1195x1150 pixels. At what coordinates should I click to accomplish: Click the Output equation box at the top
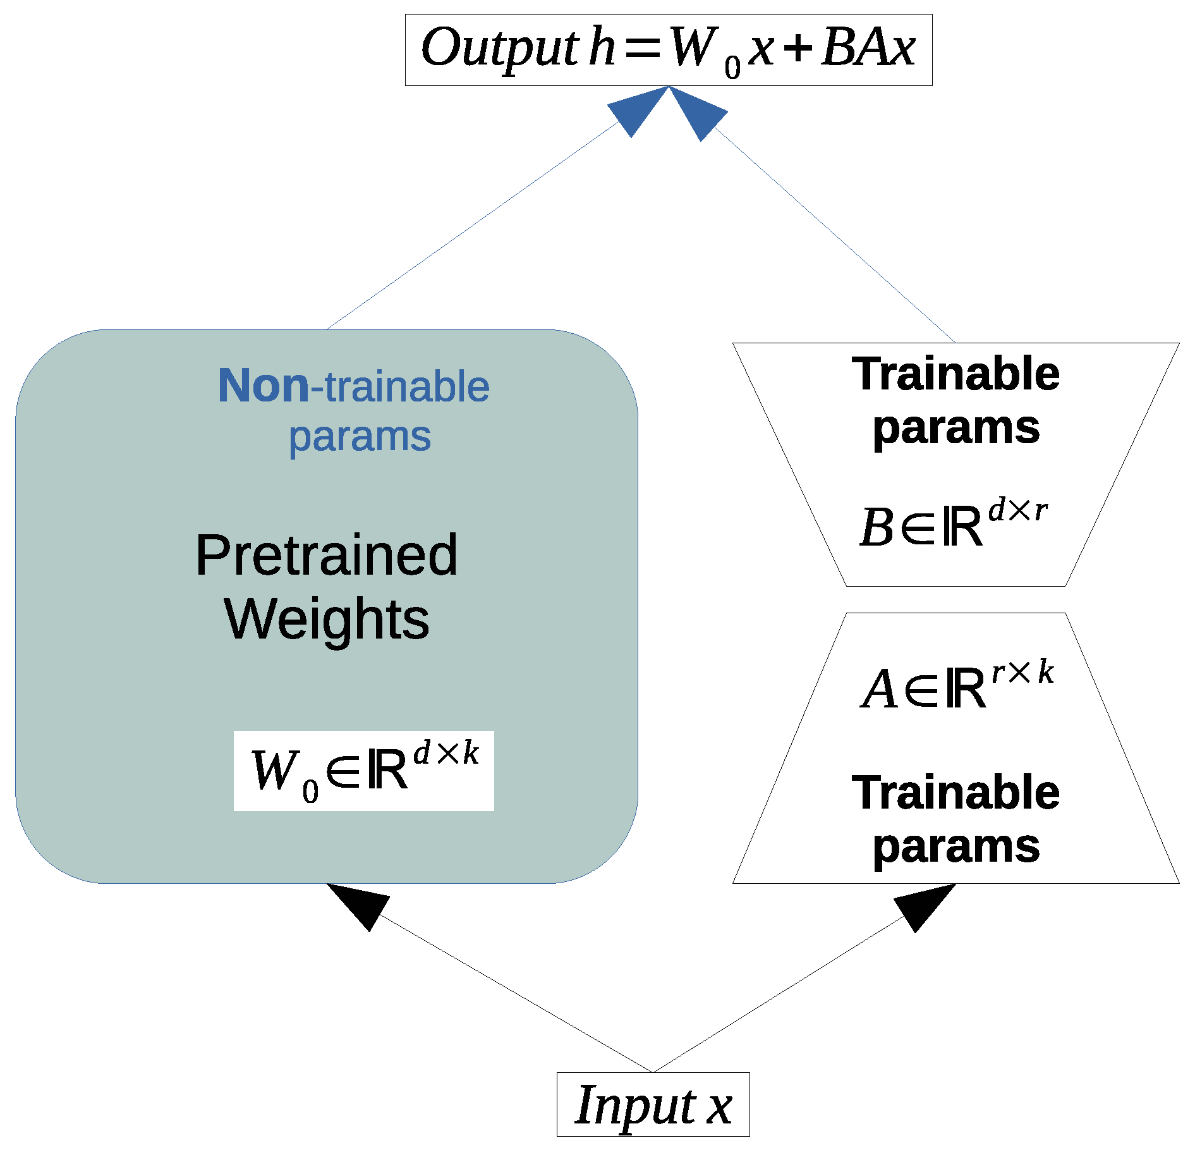point(668,49)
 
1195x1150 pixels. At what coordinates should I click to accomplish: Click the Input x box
point(653,1104)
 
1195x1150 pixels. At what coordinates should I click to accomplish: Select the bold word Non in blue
point(263,386)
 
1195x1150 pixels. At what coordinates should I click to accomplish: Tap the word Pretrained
point(326,556)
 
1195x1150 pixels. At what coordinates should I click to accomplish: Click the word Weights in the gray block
point(326,619)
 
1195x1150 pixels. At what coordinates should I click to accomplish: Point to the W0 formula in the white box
point(363,771)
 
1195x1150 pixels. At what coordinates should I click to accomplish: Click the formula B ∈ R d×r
point(954,523)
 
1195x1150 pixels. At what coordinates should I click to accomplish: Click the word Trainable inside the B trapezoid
point(955,374)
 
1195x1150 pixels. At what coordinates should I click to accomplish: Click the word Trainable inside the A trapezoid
point(955,792)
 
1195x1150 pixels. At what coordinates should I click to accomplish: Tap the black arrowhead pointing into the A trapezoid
point(921,905)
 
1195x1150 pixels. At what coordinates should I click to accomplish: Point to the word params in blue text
point(360,437)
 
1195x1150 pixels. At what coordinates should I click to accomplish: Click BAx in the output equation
point(868,48)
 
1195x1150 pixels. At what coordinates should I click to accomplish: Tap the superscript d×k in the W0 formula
point(446,753)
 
